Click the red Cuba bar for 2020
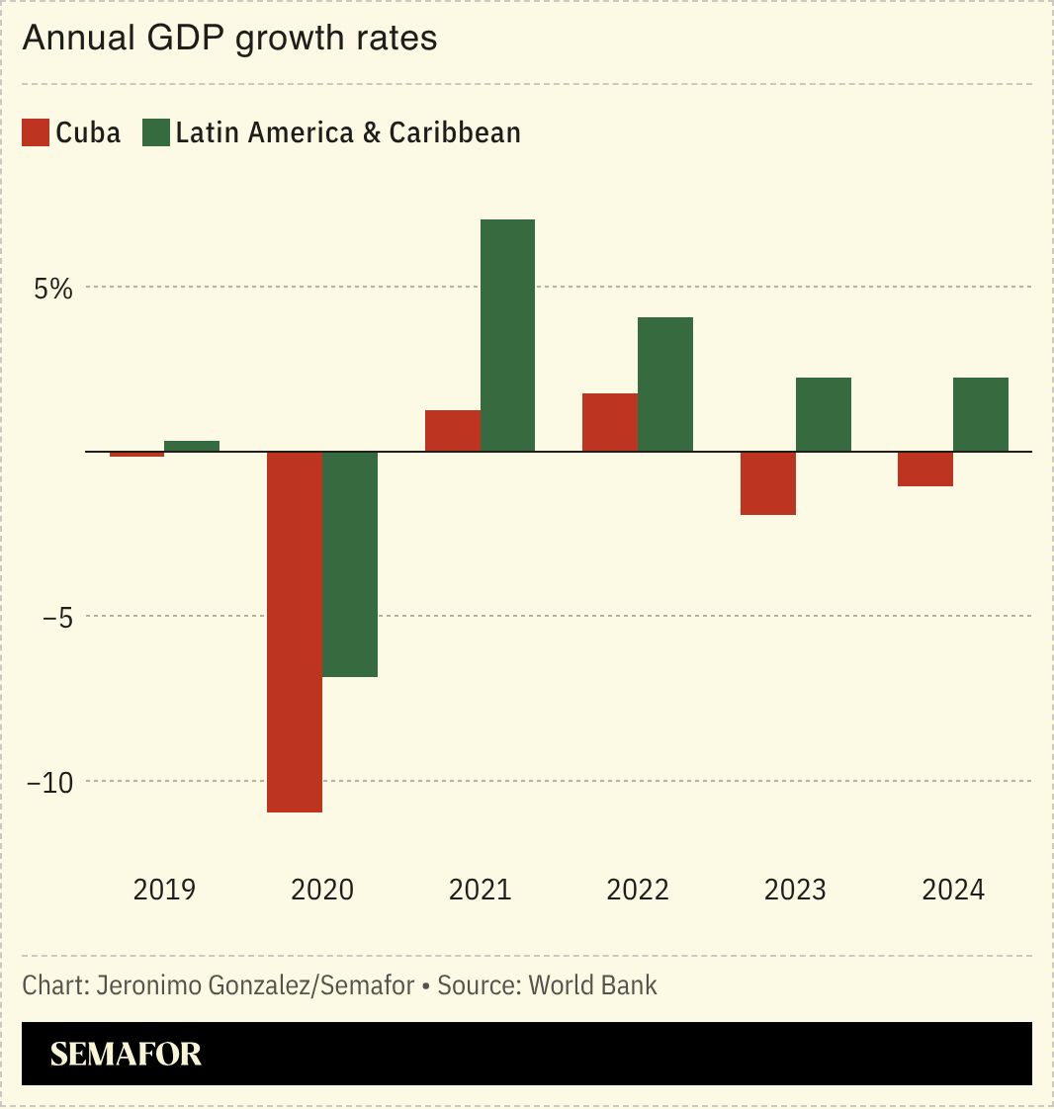[x=295, y=632]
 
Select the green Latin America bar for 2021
[x=507, y=335]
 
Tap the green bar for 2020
[x=350, y=563]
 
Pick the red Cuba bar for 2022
[x=610, y=422]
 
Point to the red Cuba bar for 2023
[x=767, y=483]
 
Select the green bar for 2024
[x=981, y=414]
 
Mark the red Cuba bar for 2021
[x=453, y=431]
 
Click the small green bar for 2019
[x=192, y=446]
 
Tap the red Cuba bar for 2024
[x=925, y=469]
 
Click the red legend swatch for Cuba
[x=36, y=132]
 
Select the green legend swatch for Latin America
[x=156, y=132]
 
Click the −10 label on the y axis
[x=49, y=782]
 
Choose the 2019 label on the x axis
[x=164, y=890]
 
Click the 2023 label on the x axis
[x=795, y=890]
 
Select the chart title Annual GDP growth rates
[x=229, y=39]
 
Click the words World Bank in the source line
[x=592, y=985]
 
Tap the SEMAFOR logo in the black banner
[x=126, y=1055]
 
